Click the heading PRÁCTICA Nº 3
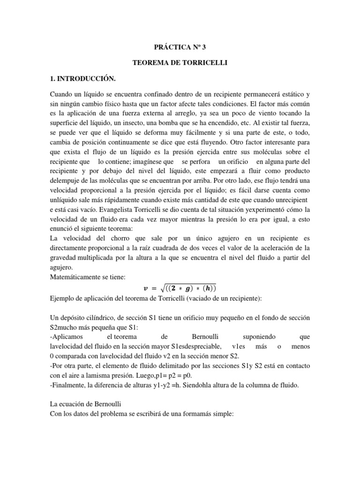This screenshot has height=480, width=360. [x=180, y=47]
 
